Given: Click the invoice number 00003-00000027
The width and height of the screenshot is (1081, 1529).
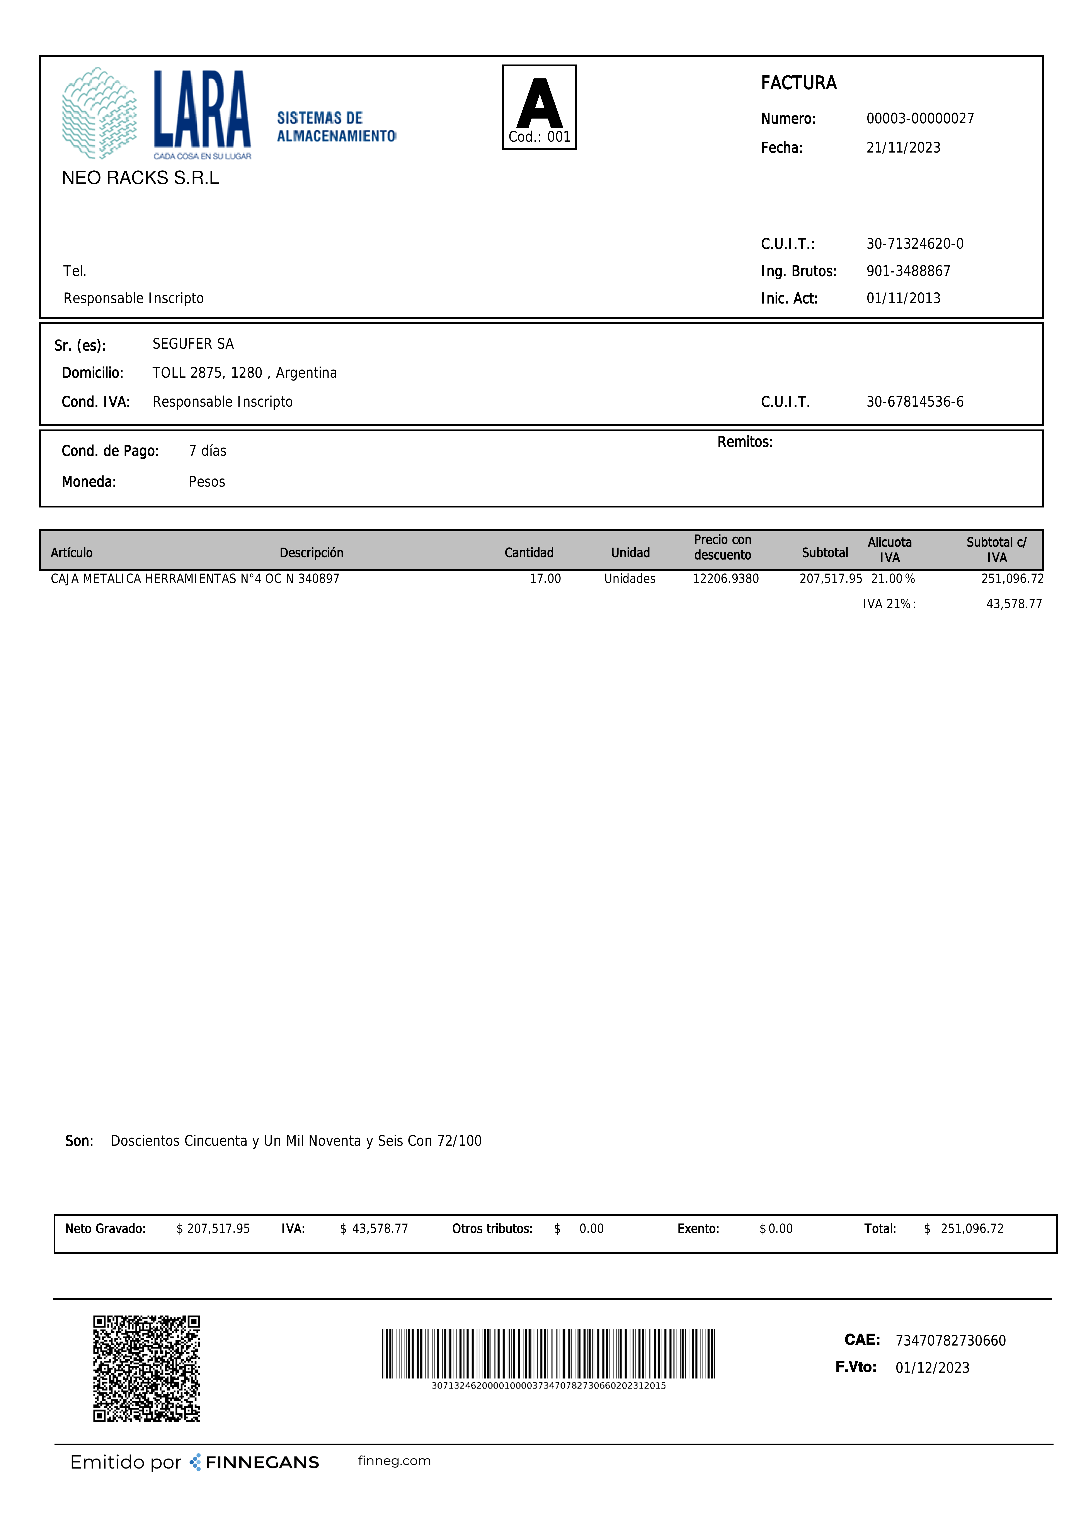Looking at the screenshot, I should pos(920,119).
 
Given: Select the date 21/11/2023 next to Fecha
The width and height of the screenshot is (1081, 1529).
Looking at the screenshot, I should pos(903,148).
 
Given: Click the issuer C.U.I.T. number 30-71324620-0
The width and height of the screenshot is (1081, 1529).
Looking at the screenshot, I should pos(914,244).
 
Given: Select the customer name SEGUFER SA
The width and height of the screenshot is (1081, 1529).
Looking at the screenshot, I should pos(193,344).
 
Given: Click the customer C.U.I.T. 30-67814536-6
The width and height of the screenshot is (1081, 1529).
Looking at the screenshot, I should pos(914,402).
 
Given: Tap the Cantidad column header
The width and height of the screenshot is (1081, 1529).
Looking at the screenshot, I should pos(529,553).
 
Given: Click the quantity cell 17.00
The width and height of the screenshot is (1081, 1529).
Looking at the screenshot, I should pos(545,579).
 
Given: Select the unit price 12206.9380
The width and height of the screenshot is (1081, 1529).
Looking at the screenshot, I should pos(725,579).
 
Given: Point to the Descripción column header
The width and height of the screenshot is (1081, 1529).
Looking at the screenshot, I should pos(311,553).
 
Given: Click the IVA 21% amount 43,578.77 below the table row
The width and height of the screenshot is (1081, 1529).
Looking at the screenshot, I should pos(1014,604).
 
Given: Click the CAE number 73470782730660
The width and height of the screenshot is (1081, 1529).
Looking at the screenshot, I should pos(950,1341).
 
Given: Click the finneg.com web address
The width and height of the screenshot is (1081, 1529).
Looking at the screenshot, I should pos(394,1460).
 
